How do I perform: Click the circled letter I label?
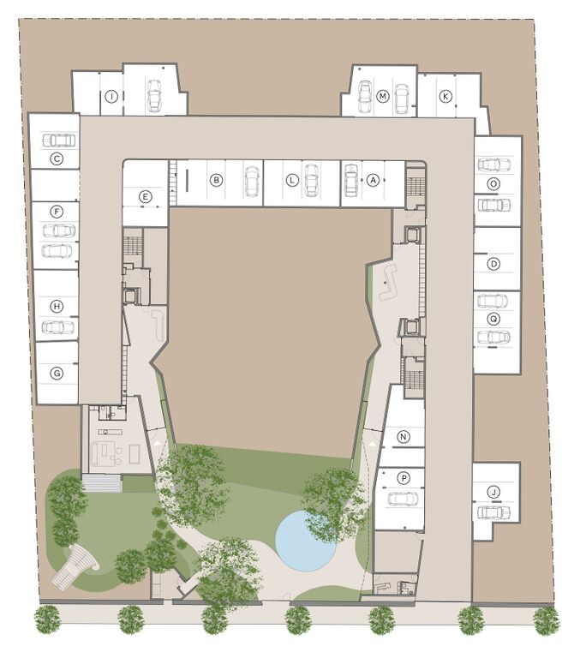pyautogui.click(x=111, y=97)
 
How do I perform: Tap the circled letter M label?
pyautogui.click(x=382, y=97)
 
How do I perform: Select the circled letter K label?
pyautogui.click(x=445, y=97)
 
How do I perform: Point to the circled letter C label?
pyautogui.click(x=57, y=159)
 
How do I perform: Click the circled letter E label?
pyautogui.click(x=145, y=196)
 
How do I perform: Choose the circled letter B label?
pyautogui.click(x=216, y=181)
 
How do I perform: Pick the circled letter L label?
pyautogui.click(x=291, y=181)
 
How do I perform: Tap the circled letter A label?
pyautogui.click(x=373, y=181)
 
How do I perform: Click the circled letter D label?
pyautogui.click(x=494, y=264)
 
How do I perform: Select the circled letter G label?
pyautogui.click(x=57, y=373)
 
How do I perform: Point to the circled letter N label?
pyautogui.click(x=404, y=437)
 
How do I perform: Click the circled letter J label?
pyautogui.click(x=494, y=492)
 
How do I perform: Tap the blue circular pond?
pyautogui.click(x=306, y=541)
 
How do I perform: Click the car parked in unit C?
pyautogui.click(x=58, y=141)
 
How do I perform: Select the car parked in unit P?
pyautogui.click(x=403, y=499)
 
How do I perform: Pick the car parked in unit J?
pyautogui.click(x=494, y=512)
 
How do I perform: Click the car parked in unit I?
pyautogui.click(x=154, y=96)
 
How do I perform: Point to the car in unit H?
pyautogui.click(x=58, y=327)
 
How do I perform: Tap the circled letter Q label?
pyautogui.click(x=494, y=320)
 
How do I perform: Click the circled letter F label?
pyautogui.click(x=57, y=212)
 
